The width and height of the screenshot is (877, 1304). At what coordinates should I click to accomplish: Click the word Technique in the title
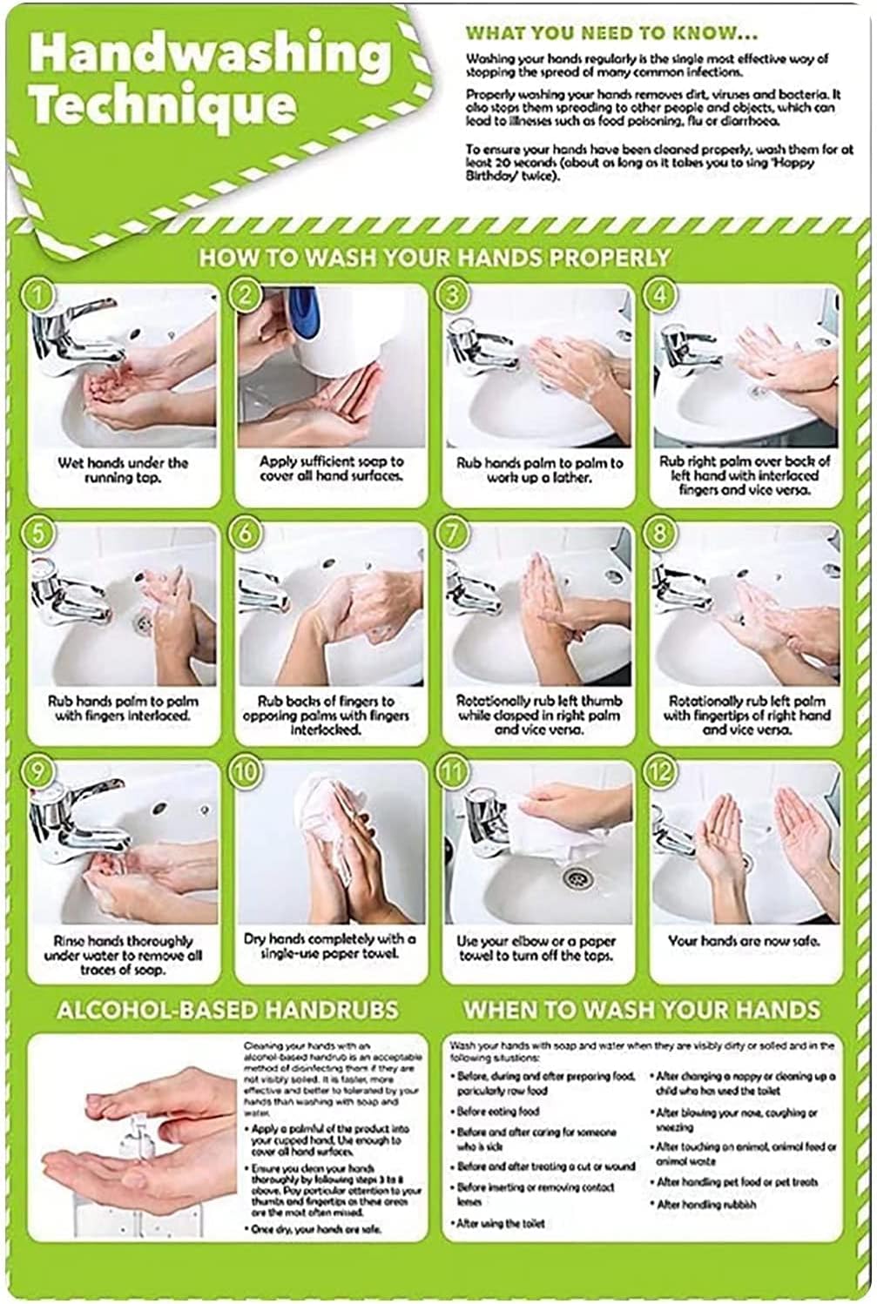[x=162, y=106]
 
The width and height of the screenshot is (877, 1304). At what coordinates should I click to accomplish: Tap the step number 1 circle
[x=38, y=296]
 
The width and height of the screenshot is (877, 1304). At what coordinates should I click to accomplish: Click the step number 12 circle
[x=661, y=771]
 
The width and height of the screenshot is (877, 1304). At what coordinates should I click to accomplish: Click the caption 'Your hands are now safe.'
[x=744, y=941]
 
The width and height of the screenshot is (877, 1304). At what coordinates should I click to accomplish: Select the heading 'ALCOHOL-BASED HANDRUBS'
[x=227, y=1010]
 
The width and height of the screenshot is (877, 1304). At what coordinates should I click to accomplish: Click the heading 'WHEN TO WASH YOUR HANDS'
[x=642, y=1010]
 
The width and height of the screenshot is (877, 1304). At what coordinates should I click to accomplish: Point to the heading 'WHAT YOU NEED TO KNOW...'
[x=611, y=34]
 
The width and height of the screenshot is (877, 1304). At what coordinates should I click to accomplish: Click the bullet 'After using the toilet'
[x=501, y=1223]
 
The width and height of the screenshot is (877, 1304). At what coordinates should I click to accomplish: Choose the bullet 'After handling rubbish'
[x=705, y=1205]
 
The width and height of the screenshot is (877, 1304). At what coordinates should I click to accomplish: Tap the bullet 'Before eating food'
[x=498, y=1112]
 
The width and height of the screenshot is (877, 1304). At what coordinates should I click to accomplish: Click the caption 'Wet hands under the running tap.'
[x=122, y=470]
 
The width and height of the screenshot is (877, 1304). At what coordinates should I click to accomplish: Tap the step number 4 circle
[x=661, y=296]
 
